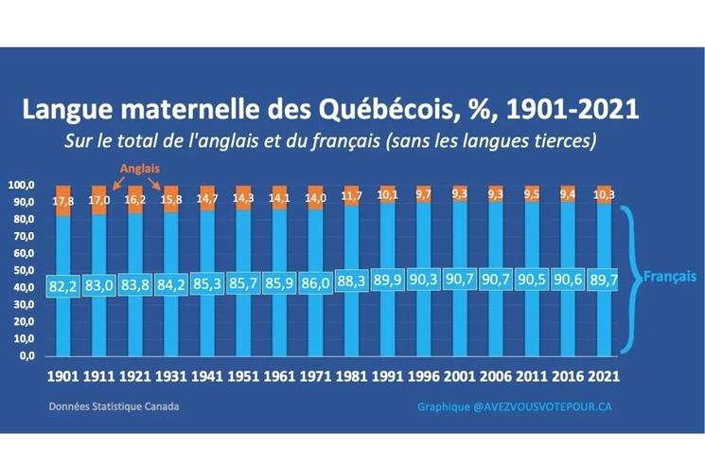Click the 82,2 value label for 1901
tap(62, 285)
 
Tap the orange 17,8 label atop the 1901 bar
tap(62, 200)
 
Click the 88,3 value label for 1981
tap(351, 282)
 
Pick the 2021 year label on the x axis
tap(604, 375)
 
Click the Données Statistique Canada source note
tap(113, 406)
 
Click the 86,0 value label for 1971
tap(315, 283)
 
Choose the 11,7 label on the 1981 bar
tap(351, 196)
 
